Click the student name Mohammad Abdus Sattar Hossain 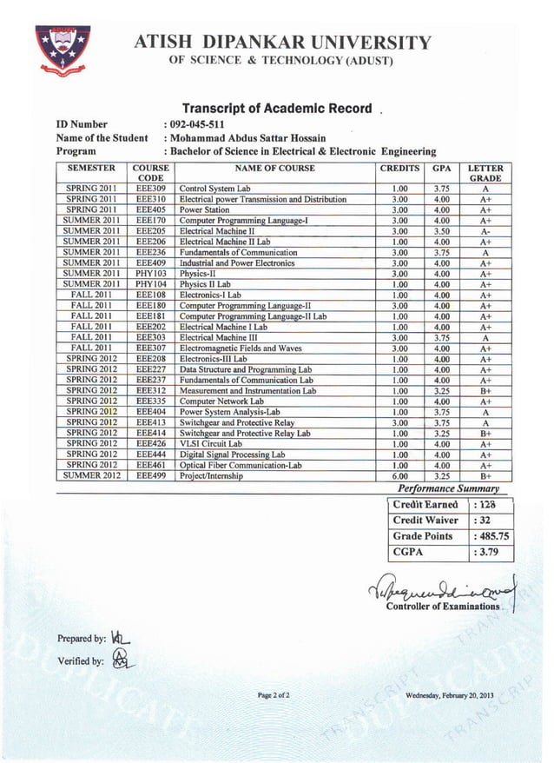247,137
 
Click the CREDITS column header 400,169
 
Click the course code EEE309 150,188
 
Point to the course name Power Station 204,209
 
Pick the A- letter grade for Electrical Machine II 491,231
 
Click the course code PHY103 150,274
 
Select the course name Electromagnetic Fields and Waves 241,348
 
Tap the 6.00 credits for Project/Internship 400,475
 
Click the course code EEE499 150,475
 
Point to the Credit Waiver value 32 485,520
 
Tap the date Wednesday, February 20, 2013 449,695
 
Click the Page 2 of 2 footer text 274,695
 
